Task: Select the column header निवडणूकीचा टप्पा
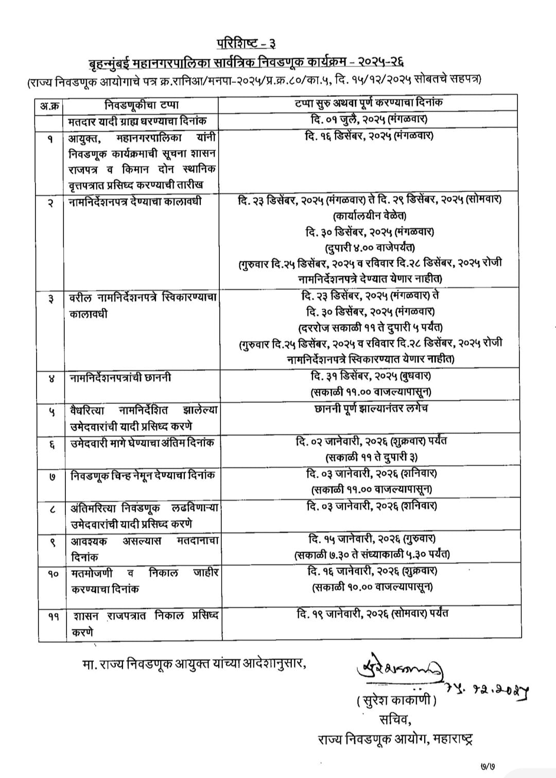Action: [142, 105]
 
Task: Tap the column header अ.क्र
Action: [50, 106]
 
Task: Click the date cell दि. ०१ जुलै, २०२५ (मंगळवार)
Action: [369, 120]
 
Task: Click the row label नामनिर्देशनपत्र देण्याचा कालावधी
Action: [135, 201]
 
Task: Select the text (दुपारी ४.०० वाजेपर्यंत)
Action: [370, 247]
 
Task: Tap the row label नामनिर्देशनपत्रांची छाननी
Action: [120, 378]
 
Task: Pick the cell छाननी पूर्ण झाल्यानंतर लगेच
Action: [370, 409]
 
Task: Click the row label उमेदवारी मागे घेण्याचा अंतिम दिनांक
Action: [142, 443]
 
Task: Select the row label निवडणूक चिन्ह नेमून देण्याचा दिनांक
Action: [143, 475]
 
